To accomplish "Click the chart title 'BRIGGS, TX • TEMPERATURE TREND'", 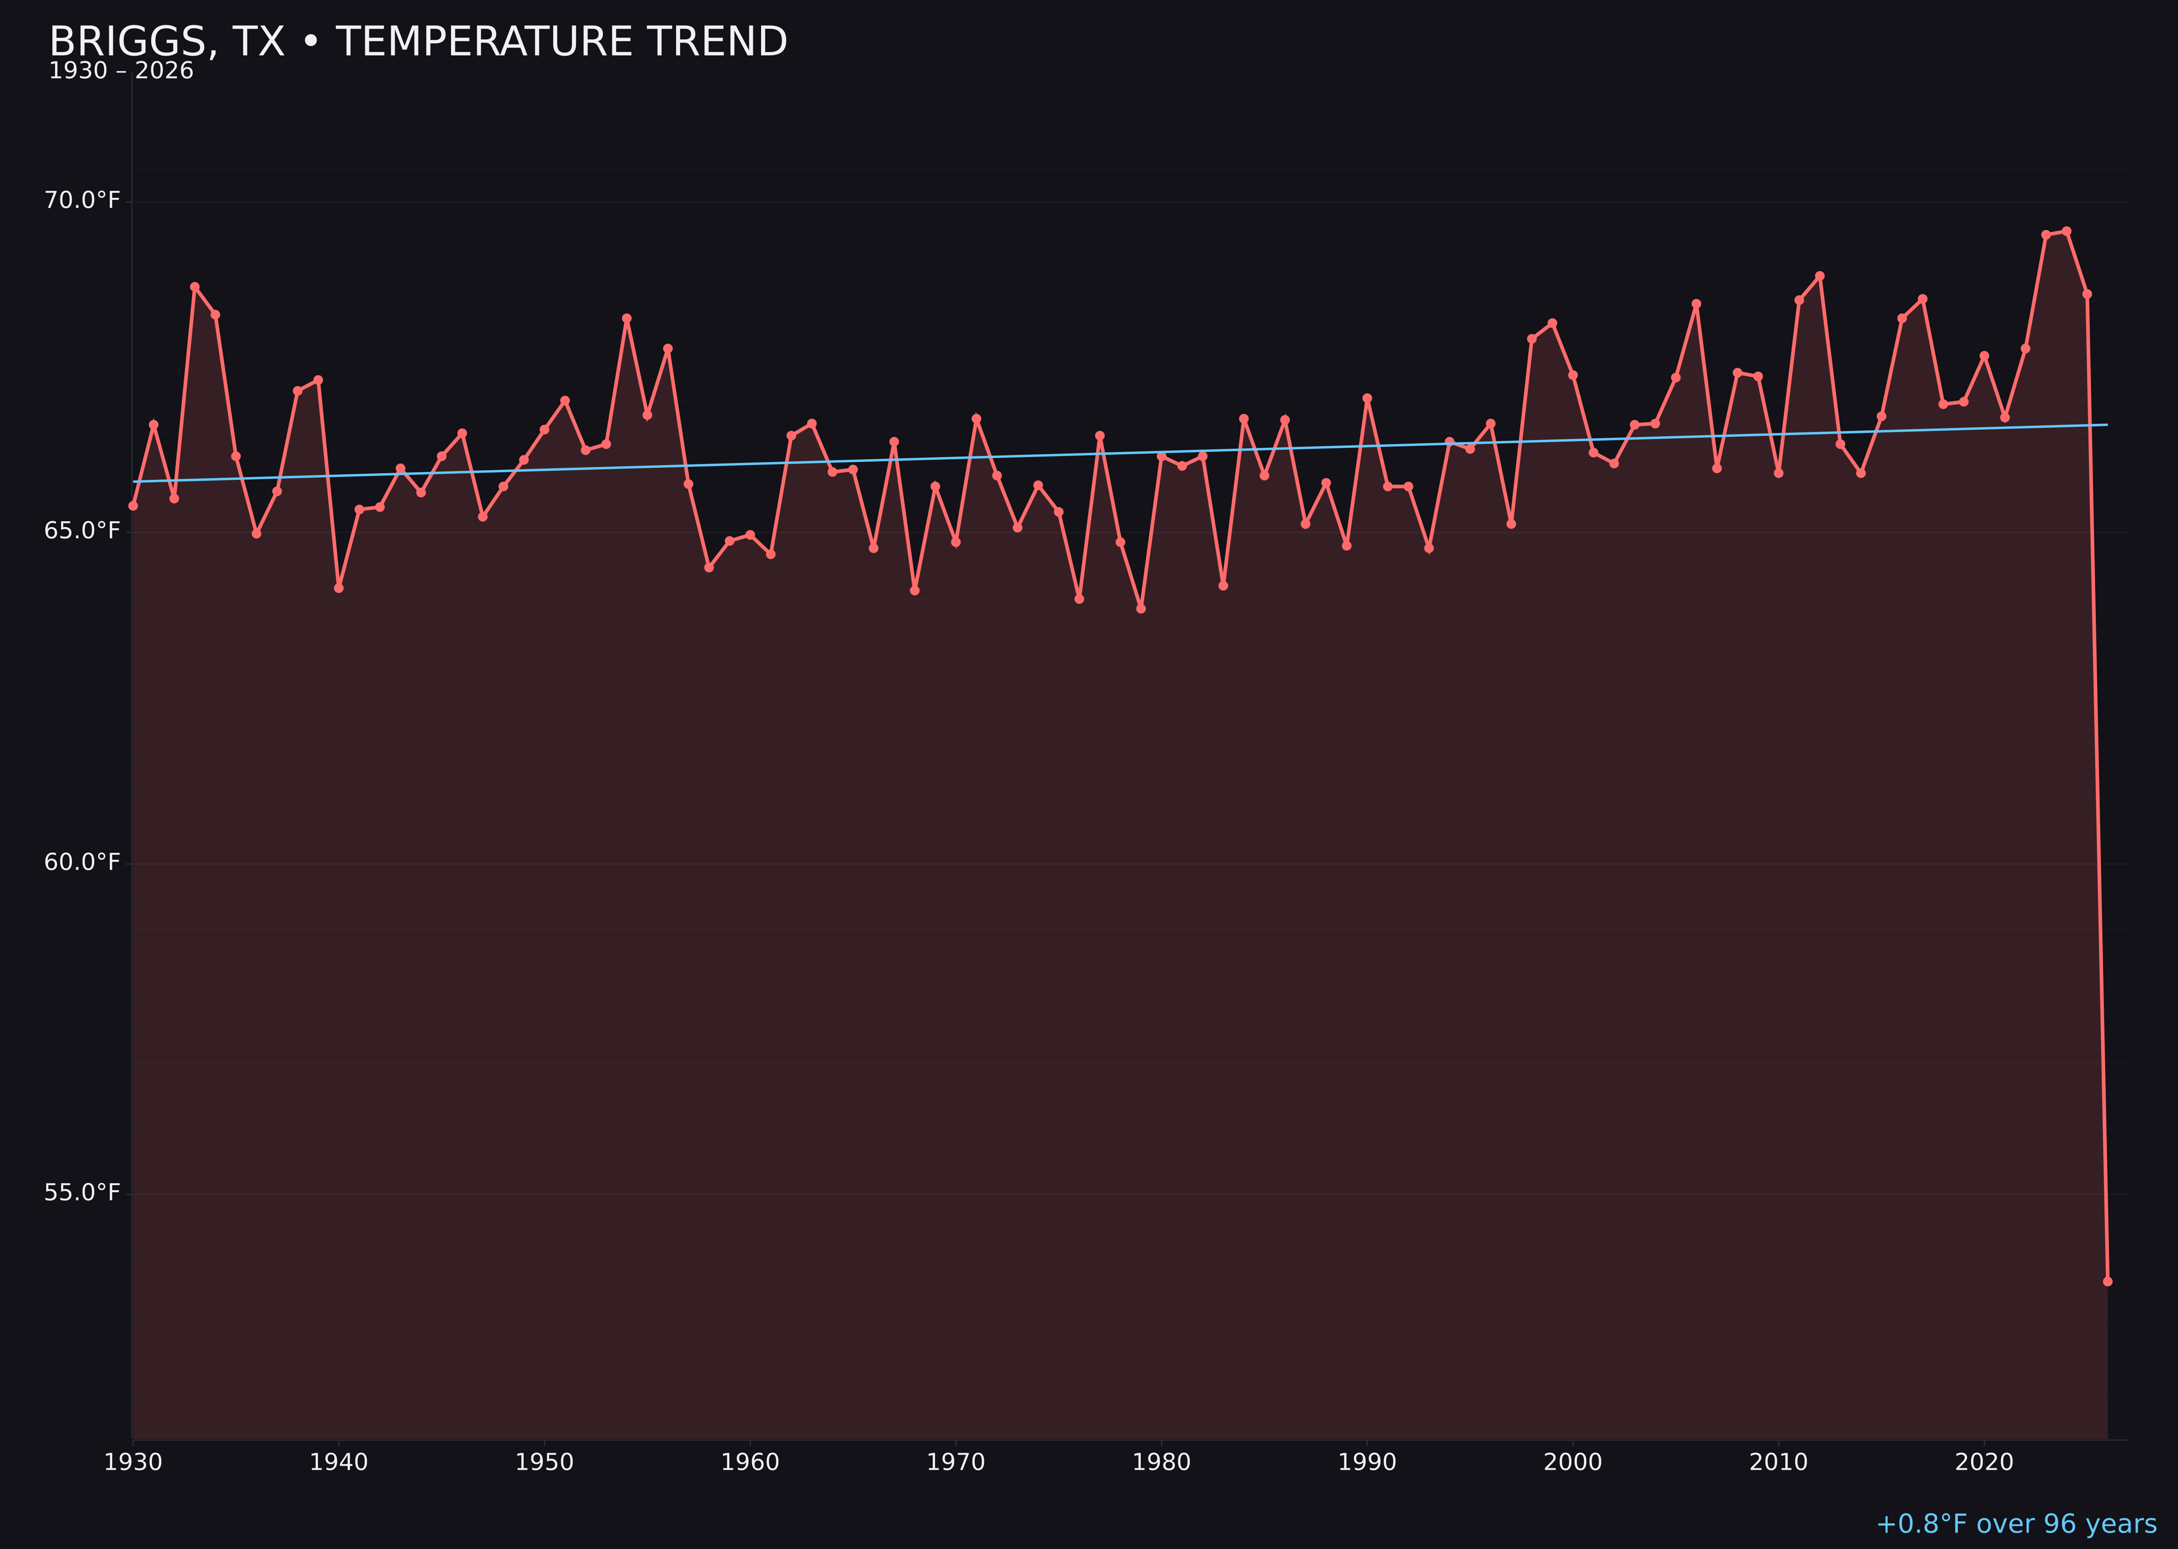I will pos(418,42).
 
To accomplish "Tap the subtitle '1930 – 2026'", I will pos(121,71).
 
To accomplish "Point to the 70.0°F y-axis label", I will pos(82,200).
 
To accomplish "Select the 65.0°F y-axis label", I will pos(82,530).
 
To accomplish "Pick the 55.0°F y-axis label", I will pos(82,1192).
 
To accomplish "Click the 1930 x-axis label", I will pos(132,1462).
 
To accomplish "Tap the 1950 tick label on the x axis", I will pos(544,1462).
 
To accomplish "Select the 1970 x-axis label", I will pos(956,1462).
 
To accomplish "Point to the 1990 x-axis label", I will pos(1367,1462).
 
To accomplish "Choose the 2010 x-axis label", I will pos(1778,1462).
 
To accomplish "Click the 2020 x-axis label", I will pos(1984,1462).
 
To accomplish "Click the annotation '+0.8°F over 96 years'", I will pos(2016,1524).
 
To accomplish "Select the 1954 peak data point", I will pos(627,319).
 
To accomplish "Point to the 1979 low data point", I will pos(1141,608).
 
